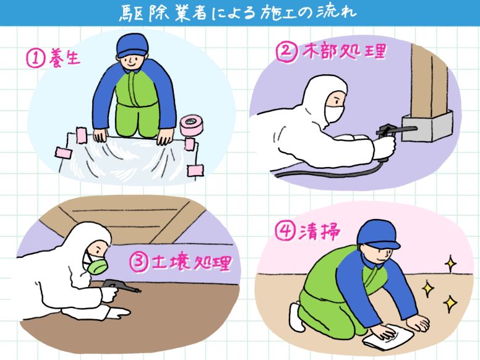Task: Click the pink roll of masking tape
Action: point(191,125)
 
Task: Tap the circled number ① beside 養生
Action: point(35,59)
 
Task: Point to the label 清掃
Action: point(319,231)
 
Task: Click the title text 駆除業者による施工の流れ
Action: point(238,13)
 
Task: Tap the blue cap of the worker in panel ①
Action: point(132,45)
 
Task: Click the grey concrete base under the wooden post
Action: point(427,126)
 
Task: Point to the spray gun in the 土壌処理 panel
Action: point(121,288)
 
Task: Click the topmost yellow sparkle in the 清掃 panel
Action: point(450,263)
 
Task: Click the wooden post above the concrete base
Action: point(429,81)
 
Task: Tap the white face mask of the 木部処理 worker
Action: point(333,113)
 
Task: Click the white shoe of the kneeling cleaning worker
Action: point(296,317)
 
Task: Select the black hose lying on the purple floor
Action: point(325,173)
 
